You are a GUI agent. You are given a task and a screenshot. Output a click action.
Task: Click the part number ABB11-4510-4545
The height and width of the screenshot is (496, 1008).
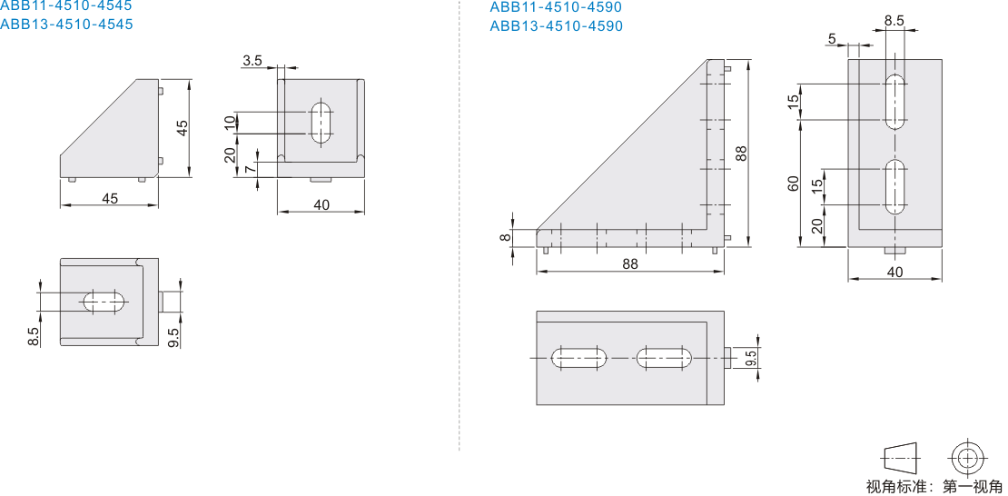pos(66,5)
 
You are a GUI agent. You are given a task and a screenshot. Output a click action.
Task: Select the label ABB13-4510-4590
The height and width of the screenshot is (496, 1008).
pos(556,25)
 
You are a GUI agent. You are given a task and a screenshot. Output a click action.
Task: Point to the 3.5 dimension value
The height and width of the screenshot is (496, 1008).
pos(252,61)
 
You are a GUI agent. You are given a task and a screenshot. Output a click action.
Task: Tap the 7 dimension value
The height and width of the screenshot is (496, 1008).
pos(250,169)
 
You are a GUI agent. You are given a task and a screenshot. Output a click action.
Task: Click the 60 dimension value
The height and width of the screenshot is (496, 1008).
pos(794,183)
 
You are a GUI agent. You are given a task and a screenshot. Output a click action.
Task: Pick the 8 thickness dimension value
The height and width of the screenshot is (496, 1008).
pos(506,237)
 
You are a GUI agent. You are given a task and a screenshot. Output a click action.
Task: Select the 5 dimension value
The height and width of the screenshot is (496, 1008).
pos(832,39)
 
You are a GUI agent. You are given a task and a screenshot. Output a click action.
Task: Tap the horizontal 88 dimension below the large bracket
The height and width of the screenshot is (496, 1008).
pos(630,264)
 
